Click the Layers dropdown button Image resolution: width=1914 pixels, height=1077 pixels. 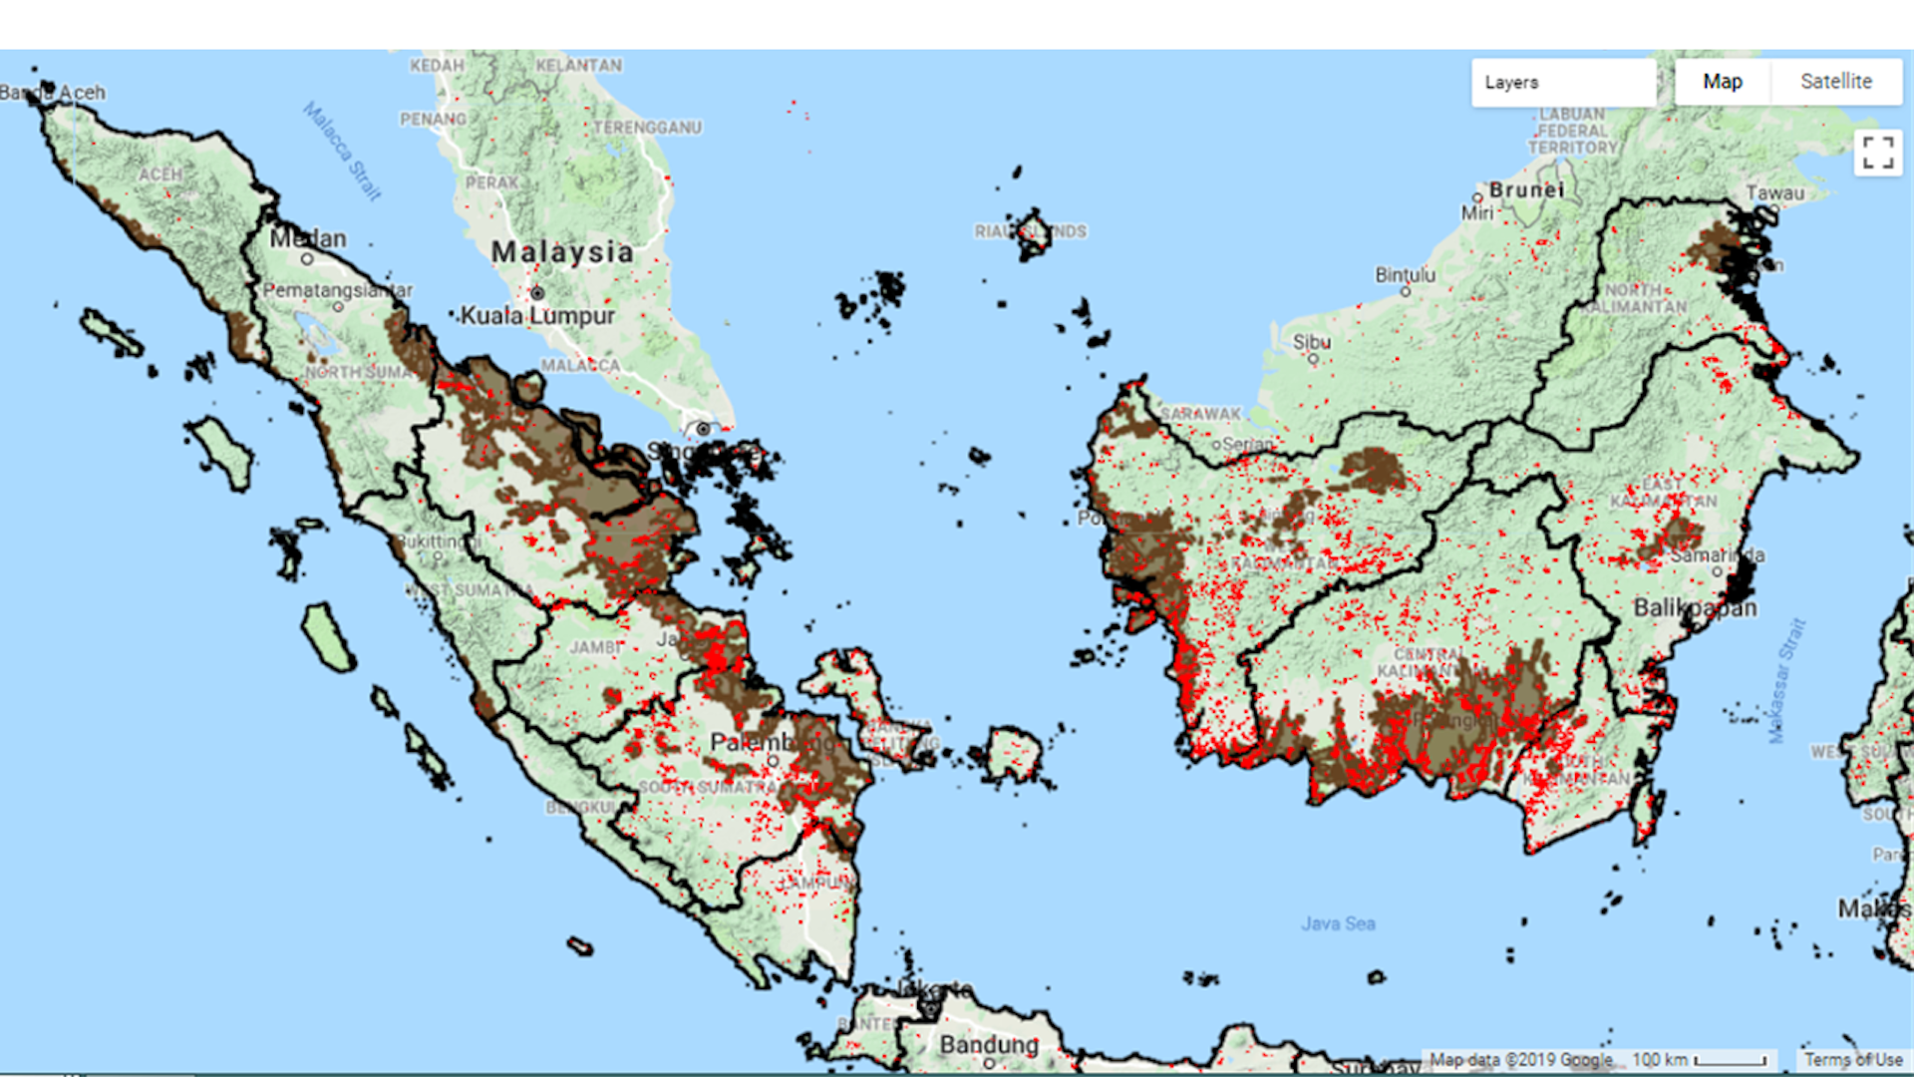pyautogui.click(x=1562, y=83)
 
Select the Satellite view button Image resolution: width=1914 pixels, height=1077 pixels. pyautogui.click(x=1835, y=82)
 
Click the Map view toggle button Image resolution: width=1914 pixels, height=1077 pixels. pyautogui.click(x=1722, y=82)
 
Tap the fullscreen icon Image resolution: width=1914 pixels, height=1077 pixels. pyautogui.click(x=1877, y=154)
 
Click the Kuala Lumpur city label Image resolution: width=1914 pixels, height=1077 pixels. pyautogui.click(x=537, y=316)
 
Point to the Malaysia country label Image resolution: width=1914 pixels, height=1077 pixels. pyautogui.click(x=562, y=252)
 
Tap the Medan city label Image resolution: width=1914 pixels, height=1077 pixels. pyautogui.click(x=308, y=239)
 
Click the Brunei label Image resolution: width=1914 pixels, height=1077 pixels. pyautogui.click(x=1526, y=189)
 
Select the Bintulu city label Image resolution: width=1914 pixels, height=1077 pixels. pyautogui.click(x=1405, y=274)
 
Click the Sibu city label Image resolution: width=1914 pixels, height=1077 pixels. pyautogui.click(x=1311, y=342)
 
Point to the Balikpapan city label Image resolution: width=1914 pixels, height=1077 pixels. pyautogui.click(x=1695, y=608)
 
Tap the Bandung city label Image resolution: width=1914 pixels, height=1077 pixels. pyautogui.click(x=988, y=1044)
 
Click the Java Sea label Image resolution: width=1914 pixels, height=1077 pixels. pyautogui.click(x=1338, y=924)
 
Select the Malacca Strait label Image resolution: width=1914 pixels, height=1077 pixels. pyautogui.click(x=343, y=152)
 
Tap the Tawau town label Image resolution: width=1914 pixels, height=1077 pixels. pyautogui.click(x=1774, y=193)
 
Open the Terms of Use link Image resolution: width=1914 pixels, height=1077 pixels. pyautogui.click(x=1852, y=1060)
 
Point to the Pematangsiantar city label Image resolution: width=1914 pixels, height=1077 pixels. pyautogui.click(x=337, y=290)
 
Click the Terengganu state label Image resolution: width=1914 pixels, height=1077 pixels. pyautogui.click(x=647, y=128)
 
